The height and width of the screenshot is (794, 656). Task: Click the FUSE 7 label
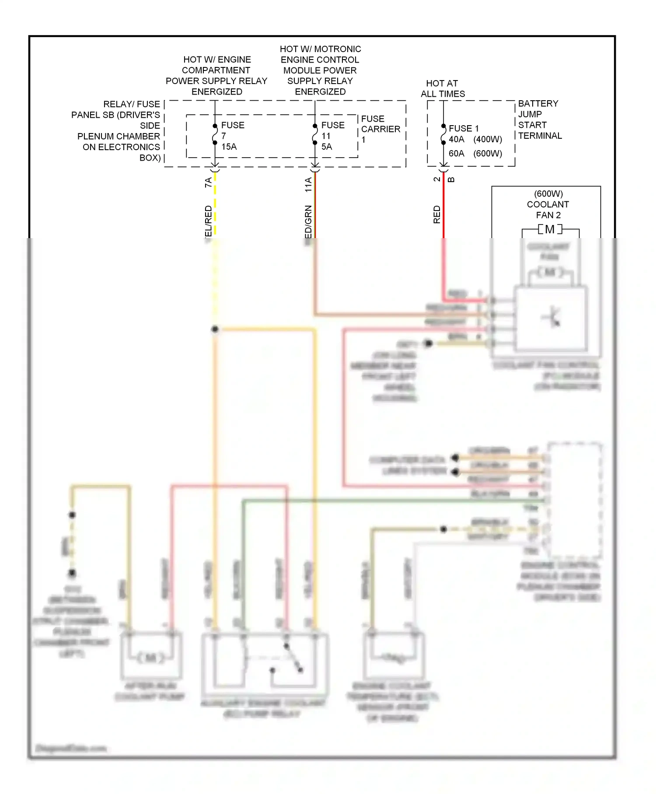pos(232,130)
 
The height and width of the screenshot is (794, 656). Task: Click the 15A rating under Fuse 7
pos(229,147)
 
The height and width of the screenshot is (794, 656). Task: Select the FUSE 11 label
pos(332,130)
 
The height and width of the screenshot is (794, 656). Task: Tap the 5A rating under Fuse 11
pos(326,147)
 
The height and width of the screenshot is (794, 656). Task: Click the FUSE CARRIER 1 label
pos(380,129)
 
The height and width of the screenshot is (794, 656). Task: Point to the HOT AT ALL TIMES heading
pos(443,88)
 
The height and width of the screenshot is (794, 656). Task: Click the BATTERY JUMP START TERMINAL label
pos(539,119)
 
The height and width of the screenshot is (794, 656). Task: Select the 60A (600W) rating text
pos(475,154)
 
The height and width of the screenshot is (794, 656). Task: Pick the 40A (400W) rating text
pos(475,140)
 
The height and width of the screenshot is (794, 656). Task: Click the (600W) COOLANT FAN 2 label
pos(548,204)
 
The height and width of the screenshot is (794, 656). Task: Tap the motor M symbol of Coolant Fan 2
pos(550,229)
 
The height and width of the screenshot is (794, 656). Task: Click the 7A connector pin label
pos(209,183)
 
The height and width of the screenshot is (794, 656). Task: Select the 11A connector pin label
pos(308,184)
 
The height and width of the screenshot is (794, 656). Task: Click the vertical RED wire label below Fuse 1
pos(436,214)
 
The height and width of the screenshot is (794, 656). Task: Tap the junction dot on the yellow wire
pos(215,329)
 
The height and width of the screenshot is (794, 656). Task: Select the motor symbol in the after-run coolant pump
pos(151,657)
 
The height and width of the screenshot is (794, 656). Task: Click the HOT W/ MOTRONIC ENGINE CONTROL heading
pos(320,70)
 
